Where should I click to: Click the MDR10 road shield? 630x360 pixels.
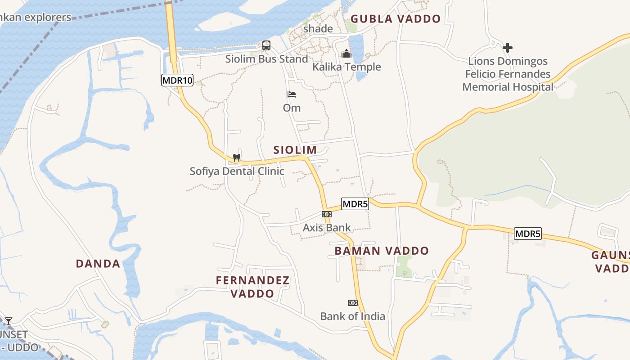[177, 81]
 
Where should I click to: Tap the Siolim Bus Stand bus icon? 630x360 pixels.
[266, 45]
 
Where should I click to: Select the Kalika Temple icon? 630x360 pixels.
[346, 54]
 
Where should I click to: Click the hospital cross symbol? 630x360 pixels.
[508, 47]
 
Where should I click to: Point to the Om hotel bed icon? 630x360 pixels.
[292, 94]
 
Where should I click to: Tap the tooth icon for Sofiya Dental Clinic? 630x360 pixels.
[236, 158]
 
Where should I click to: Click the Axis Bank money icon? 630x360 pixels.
[327, 214]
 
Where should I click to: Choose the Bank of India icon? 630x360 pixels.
[353, 303]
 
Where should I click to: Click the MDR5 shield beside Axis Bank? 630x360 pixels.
[355, 204]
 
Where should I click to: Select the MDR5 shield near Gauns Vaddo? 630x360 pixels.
[528, 234]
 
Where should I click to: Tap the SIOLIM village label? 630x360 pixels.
[295, 150]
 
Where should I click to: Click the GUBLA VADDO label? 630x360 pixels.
[396, 19]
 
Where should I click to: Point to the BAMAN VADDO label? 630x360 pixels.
[382, 251]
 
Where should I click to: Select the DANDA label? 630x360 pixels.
[98, 264]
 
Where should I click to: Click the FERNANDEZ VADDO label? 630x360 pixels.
[252, 287]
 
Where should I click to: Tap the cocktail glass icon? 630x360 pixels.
[8, 321]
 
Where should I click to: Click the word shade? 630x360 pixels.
[318, 29]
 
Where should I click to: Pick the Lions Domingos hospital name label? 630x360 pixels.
[508, 74]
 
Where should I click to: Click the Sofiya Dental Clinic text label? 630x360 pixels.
[237, 171]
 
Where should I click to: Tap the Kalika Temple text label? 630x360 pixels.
[346, 67]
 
